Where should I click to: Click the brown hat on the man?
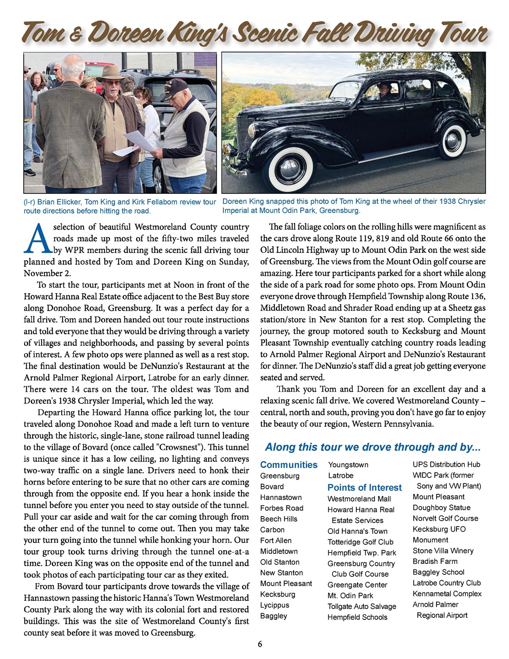pyautogui.click(x=111, y=73)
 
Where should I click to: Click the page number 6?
pyautogui.click(x=260, y=644)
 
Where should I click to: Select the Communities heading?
pyautogui.click(x=288, y=465)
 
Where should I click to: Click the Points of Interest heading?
pyautogui.click(x=364, y=488)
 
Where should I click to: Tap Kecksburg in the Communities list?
pyautogui.click(x=278, y=594)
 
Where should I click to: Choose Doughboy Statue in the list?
pyautogui.click(x=442, y=508)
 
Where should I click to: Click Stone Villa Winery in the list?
pyautogui.click(x=443, y=550)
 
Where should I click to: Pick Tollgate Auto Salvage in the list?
pyautogui.click(x=361, y=606)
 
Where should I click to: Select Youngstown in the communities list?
pyautogui.click(x=348, y=465)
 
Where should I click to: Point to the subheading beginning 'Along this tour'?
pyautogui.click(x=372, y=447)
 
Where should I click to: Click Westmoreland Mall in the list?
pyautogui.click(x=359, y=499)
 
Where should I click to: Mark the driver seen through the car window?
pyautogui.click(x=384, y=90)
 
